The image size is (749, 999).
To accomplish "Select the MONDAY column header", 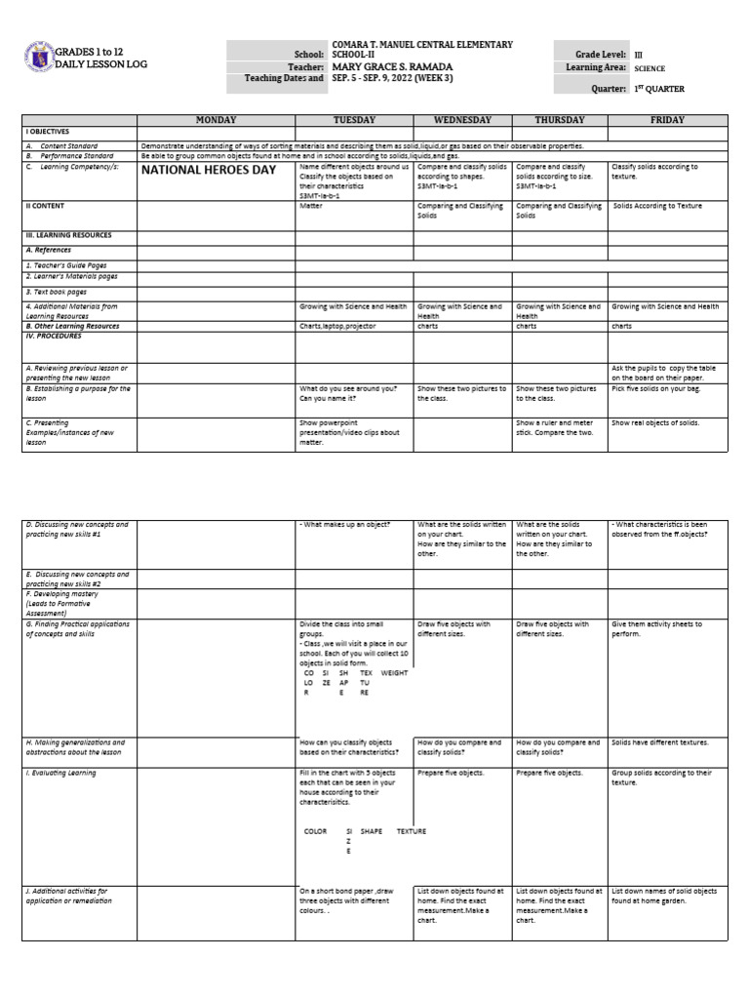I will pyautogui.click(x=217, y=120).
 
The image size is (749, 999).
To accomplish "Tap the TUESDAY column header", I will pyautogui.click(x=355, y=120).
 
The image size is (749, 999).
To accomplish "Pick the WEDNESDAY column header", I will pyautogui.click(x=463, y=120).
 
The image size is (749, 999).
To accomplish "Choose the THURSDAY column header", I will pyautogui.click(x=560, y=120).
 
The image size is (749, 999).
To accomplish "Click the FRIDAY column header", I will pyautogui.click(x=668, y=120).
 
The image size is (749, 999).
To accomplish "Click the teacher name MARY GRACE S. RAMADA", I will pyautogui.click(x=389, y=66).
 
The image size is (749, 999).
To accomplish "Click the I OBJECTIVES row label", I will pyautogui.click(x=48, y=131).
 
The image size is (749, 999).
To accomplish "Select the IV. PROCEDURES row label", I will pyautogui.click(x=54, y=336).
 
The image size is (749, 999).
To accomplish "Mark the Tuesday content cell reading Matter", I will pyautogui.click(x=311, y=206).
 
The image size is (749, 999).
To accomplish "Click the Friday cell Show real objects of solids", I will pyautogui.click(x=655, y=423).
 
